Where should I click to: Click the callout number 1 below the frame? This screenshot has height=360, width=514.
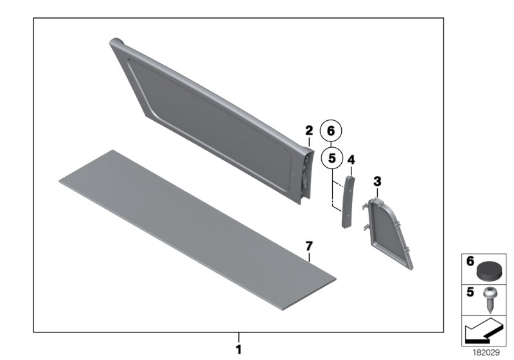(238, 350)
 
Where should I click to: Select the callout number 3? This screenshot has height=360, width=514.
(377, 182)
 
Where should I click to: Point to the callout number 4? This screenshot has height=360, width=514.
(351, 159)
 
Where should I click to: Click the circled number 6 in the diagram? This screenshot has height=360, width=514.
(332, 130)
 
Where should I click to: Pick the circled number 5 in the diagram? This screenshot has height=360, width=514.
(332, 156)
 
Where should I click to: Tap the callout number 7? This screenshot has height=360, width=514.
(308, 246)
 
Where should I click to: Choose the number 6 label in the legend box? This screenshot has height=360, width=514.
(469, 261)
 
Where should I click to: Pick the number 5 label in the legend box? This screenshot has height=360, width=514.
(469, 292)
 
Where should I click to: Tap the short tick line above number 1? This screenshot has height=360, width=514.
(238, 337)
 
